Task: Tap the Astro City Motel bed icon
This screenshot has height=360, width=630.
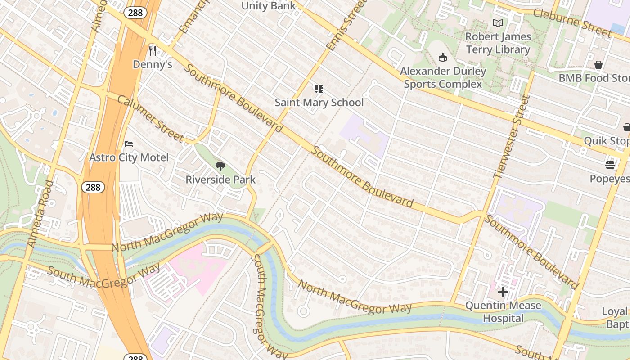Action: click(129, 144)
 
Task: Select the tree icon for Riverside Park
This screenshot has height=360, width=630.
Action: click(220, 166)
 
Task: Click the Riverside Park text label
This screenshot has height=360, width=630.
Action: click(220, 180)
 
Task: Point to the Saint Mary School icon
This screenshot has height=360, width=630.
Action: click(319, 89)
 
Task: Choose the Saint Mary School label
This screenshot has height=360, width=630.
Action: click(319, 103)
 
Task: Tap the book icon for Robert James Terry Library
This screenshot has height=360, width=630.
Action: click(498, 23)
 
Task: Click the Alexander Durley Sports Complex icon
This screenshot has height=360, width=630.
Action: click(443, 58)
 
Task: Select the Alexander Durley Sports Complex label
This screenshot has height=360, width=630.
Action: click(443, 77)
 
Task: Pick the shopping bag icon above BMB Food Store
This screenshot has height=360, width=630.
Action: click(598, 65)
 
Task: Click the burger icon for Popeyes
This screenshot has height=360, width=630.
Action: click(610, 165)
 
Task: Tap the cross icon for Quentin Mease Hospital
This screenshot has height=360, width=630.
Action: click(503, 292)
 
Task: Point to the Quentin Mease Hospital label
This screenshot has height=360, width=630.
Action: click(503, 312)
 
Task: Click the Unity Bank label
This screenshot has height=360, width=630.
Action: click(269, 6)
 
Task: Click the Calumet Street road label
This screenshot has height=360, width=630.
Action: click(150, 118)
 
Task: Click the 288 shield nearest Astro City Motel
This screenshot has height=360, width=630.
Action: click(93, 187)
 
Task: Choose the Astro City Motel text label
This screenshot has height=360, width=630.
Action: click(129, 157)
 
